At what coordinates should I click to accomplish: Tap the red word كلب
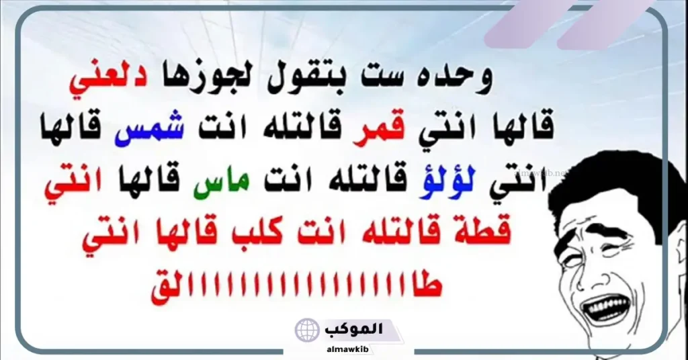click(239, 232)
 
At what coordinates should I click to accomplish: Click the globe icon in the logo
click(307, 330)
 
